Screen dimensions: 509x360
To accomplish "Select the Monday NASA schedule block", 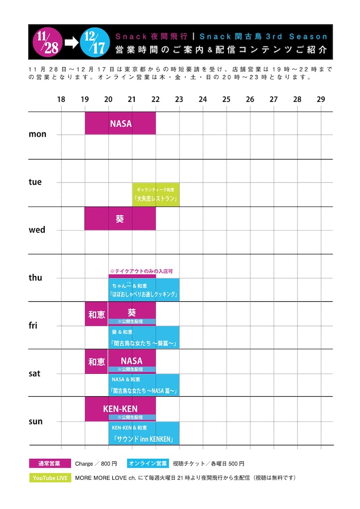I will tap(120, 123).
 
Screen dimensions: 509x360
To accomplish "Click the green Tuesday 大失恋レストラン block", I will tap(156, 195).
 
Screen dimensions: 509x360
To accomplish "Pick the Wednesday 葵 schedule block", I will tap(120, 219).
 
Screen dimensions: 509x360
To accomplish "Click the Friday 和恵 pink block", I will tap(96, 314).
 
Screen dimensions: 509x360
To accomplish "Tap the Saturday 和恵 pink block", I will tap(96, 361).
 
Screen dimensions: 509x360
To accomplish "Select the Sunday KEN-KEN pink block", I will tap(120, 409).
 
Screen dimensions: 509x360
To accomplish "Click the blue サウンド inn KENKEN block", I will tap(144, 433).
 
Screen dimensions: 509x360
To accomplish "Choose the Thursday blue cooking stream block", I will tap(144, 290).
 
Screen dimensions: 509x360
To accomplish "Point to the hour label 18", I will tap(61, 99).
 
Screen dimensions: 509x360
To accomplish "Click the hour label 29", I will tap(321, 99).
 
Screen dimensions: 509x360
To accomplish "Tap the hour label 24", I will tap(203, 99).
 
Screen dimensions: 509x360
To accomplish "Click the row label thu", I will tap(36, 278).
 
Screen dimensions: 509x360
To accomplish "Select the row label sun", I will tap(36, 422).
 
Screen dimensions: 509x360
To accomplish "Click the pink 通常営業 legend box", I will tap(49, 464).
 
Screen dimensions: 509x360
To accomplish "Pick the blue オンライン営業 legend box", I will tap(148, 464).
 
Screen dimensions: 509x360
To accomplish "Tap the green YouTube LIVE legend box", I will tap(50, 478).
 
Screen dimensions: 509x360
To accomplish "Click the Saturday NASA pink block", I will tap(132, 361).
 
